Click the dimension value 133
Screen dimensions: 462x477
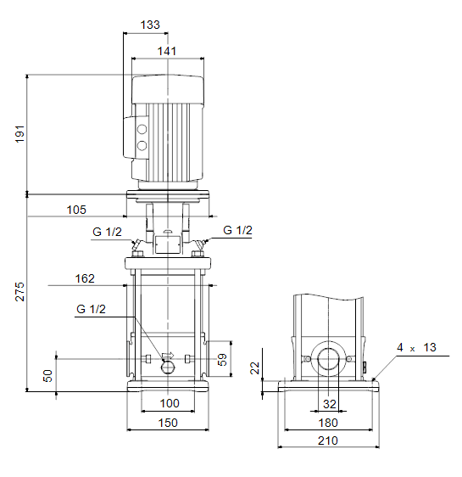150,25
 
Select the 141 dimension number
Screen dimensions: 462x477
167,51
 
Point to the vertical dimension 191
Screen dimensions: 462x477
20,133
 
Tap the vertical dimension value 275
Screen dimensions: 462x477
20,291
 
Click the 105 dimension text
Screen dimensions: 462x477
76,210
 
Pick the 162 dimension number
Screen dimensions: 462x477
85,278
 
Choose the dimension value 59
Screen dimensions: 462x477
222,359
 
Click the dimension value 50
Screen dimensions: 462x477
47,376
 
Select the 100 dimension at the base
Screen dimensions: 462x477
170,403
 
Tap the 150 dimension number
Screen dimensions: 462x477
168,423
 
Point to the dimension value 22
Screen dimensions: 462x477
255,368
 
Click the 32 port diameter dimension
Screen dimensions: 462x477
329,404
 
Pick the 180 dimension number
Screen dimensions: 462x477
328,423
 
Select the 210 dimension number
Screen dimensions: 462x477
328,441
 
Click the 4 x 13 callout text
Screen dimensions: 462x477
416,347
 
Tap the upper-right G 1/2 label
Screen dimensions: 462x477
237,230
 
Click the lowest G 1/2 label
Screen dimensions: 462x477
91,309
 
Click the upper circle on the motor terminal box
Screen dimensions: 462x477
142,130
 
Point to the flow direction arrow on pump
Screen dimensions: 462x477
168,355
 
